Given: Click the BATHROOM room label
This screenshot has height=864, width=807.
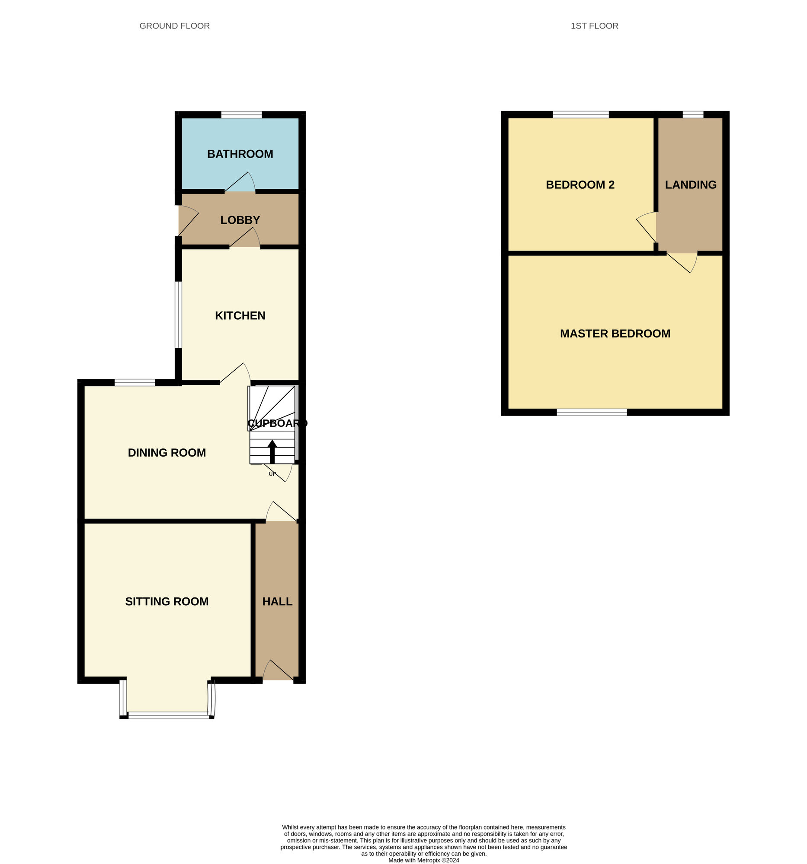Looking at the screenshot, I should coord(240,154).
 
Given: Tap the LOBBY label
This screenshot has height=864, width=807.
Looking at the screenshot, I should coord(240,220).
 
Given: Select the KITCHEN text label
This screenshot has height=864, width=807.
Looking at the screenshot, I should coord(240,315).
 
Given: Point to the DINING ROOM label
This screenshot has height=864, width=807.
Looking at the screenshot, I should coord(167,452).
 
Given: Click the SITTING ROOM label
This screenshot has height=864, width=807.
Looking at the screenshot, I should coord(167,601).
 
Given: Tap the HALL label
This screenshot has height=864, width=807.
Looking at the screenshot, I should coord(277,601).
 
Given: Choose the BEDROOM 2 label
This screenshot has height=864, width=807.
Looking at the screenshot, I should coord(580,185).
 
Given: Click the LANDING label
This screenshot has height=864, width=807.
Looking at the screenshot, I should coord(690,185).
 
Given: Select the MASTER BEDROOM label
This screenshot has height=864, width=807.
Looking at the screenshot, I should coord(615,334).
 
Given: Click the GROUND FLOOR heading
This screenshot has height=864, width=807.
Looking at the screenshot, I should coord(174,26).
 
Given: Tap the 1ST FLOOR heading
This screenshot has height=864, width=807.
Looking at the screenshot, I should coord(594,26).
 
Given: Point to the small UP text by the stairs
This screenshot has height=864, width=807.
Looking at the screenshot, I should coord(272,474).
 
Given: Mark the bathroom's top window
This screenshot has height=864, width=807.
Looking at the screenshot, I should coord(241,115).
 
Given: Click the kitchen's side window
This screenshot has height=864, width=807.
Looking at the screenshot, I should coord(178,314).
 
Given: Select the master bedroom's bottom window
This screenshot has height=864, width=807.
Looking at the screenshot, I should coord(592,412).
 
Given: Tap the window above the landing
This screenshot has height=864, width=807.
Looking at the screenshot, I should coord(692,115).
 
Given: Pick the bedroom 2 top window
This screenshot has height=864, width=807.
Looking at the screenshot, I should coord(580,115).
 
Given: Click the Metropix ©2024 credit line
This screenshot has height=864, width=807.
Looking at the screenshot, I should coord(423,860).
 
